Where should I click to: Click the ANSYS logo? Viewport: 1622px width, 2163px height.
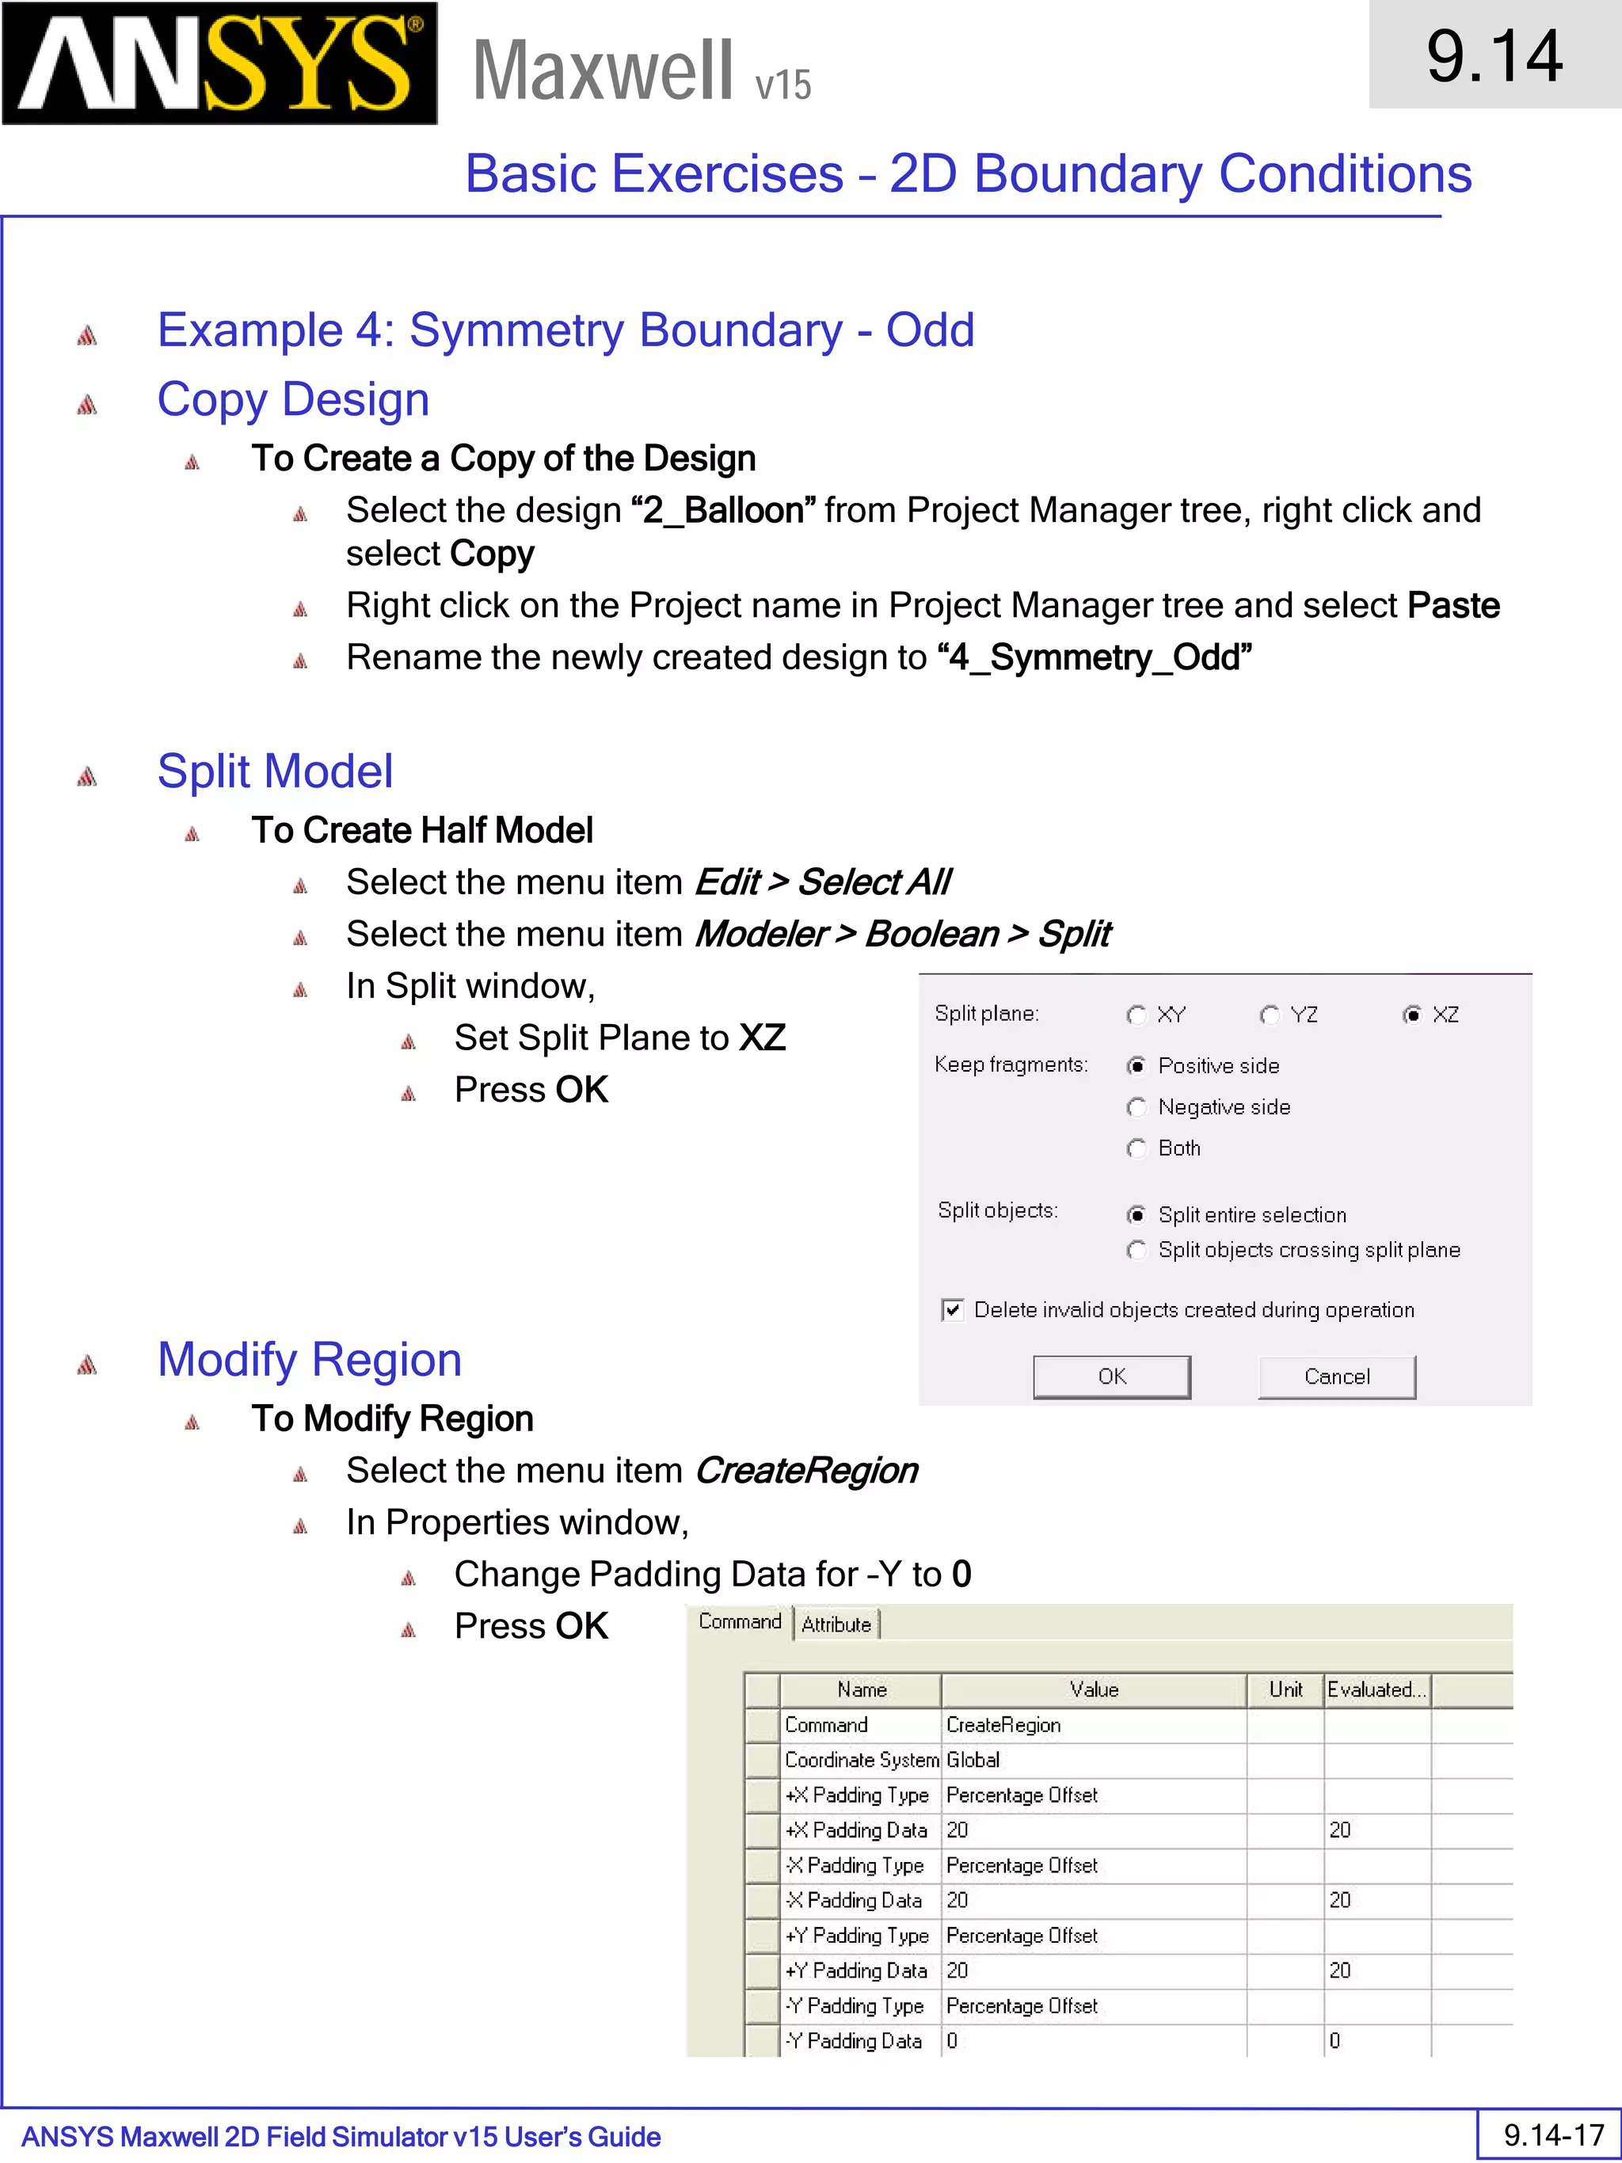point(219,63)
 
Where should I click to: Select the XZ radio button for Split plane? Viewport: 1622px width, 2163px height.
point(1412,1015)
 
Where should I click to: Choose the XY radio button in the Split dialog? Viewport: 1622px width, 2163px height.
point(1136,1015)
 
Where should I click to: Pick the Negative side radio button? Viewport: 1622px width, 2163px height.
point(1136,1107)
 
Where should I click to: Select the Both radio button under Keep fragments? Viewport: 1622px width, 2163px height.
point(1136,1148)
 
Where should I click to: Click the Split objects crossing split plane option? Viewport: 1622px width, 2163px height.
point(1136,1250)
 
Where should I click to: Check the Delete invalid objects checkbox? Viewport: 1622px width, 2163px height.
point(952,1310)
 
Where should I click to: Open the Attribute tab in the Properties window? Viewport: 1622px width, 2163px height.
point(836,1624)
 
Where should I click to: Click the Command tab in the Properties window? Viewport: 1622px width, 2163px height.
point(739,1621)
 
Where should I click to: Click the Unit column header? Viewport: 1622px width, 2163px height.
point(1285,1689)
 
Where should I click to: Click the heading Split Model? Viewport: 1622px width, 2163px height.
point(275,771)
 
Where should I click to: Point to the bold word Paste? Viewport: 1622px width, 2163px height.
point(1453,605)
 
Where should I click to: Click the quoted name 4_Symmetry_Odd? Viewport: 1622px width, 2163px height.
point(1093,657)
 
